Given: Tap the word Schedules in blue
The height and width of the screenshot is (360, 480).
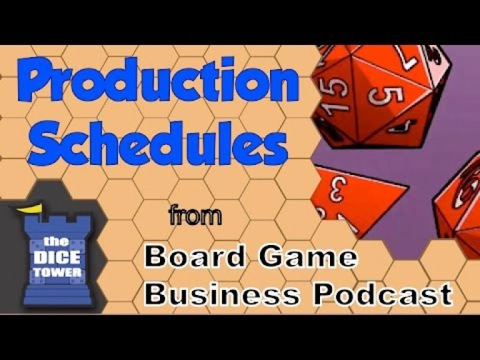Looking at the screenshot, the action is click(157, 144).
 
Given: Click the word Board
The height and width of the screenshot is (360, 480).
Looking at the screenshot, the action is click(195, 256).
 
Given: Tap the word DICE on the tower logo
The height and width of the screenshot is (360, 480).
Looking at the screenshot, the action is click(57, 257).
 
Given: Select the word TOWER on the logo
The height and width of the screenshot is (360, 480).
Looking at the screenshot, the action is click(57, 272).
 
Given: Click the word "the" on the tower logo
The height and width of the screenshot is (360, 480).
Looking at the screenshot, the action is click(56, 242).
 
